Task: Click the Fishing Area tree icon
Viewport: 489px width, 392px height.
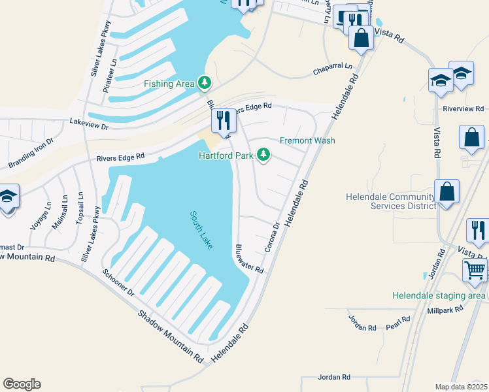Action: [206, 82]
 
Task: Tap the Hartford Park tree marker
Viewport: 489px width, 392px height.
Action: [263, 155]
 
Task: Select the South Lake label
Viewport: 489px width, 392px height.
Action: [202, 229]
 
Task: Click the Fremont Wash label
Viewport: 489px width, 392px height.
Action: [307, 140]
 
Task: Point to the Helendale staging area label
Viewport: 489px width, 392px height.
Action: [439, 295]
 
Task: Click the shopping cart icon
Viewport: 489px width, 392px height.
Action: [474, 270]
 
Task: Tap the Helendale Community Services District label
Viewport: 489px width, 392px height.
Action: [390, 201]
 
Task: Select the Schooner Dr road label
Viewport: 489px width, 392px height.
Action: [118, 281]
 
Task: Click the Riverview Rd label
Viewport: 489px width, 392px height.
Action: [463, 108]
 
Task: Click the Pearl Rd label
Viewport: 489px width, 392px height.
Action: [397, 323]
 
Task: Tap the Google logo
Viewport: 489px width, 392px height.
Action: [22, 384]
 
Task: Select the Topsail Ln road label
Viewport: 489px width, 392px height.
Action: [80, 208]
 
